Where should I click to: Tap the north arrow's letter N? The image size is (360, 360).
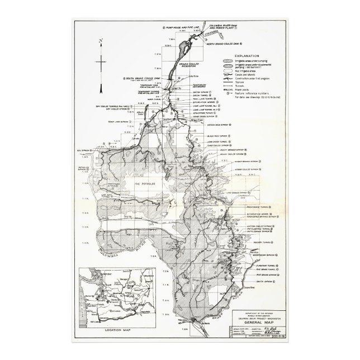click(99, 41)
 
